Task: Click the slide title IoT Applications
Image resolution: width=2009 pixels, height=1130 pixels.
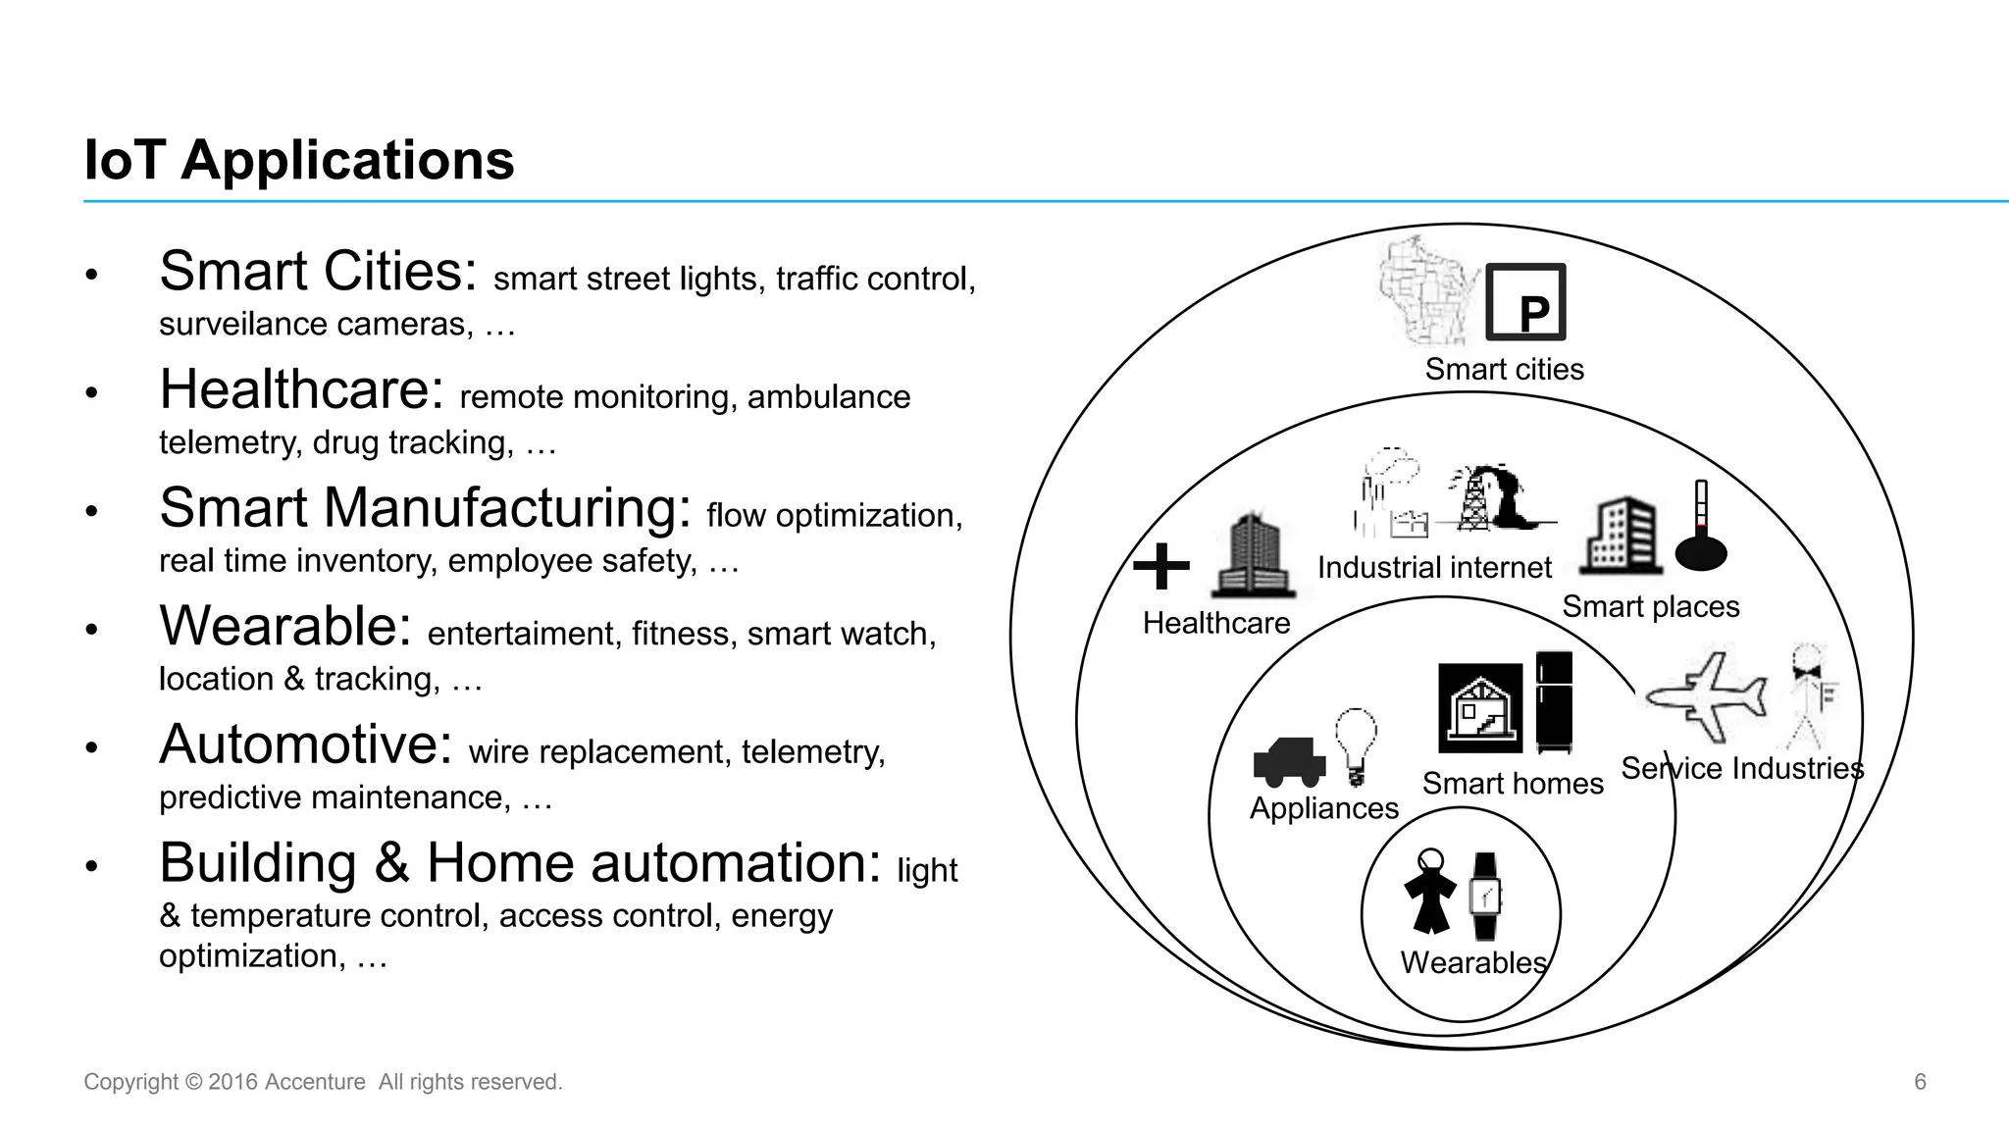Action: (299, 160)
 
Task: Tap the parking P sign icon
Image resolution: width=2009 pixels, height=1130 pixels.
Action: (1525, 303)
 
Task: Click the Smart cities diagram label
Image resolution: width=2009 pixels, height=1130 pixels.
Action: (1504, 370)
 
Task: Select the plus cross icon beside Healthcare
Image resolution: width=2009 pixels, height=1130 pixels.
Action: (1161, 566)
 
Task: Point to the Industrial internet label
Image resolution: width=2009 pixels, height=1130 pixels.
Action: (1434, 567)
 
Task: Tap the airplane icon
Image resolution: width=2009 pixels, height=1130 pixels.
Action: (1706, 696)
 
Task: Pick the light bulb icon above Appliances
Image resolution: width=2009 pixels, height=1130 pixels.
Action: (1357, 745)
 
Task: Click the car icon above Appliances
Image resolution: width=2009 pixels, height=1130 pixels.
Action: (1289, 762)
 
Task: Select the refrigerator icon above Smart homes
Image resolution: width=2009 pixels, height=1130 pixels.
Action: (1554, 702)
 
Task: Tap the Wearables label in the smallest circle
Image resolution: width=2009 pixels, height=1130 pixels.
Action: (1473, 962)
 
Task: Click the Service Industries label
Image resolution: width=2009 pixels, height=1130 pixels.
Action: (1741, 768)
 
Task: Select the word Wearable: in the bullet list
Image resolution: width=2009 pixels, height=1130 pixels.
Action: (285, 626)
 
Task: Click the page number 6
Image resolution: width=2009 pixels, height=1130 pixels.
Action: (1920, 1082)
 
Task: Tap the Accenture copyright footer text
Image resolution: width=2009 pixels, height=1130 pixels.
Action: (323, 1082)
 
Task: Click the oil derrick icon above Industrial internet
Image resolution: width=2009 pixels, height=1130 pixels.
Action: (1473, 498)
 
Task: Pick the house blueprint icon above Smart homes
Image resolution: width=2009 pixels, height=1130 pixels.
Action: (1480, 708)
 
